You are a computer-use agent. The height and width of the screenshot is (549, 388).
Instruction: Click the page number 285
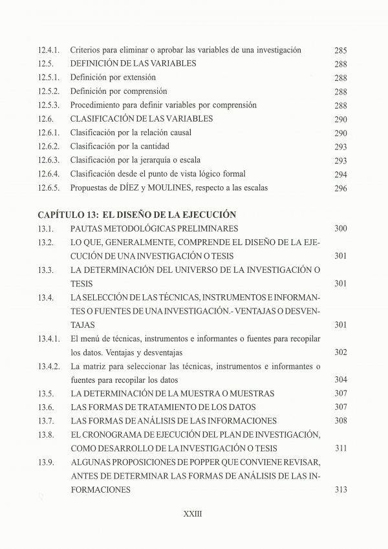[341, 50]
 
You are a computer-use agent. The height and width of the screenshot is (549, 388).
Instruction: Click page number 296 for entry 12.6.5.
[341, 188]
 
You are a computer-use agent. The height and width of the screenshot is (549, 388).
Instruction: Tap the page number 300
[341, 228]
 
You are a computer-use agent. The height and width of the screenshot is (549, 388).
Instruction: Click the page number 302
[341, 352]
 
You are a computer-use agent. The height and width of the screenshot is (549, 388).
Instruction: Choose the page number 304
[341, 380]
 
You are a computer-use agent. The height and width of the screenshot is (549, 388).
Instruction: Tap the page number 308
[341, 421]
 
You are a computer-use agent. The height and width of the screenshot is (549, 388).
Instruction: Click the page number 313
[341, 490]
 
